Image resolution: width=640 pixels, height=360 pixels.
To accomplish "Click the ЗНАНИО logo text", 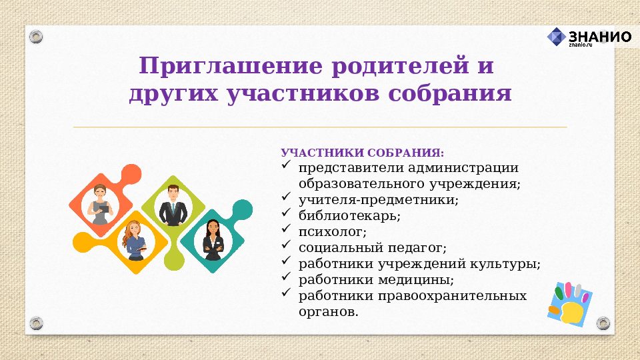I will pos(599,36).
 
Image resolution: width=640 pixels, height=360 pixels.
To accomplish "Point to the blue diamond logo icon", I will pos(557,37).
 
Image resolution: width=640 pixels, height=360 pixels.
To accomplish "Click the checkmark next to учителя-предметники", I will pos(286,198).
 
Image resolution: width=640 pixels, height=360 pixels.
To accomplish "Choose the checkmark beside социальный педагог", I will pos(286,246).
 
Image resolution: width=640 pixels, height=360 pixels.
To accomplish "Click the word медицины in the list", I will pos(418,279).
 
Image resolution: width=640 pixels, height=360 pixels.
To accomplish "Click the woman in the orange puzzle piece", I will pos(101,203).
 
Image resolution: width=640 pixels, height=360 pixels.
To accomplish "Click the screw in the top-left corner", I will pos(37,36).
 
